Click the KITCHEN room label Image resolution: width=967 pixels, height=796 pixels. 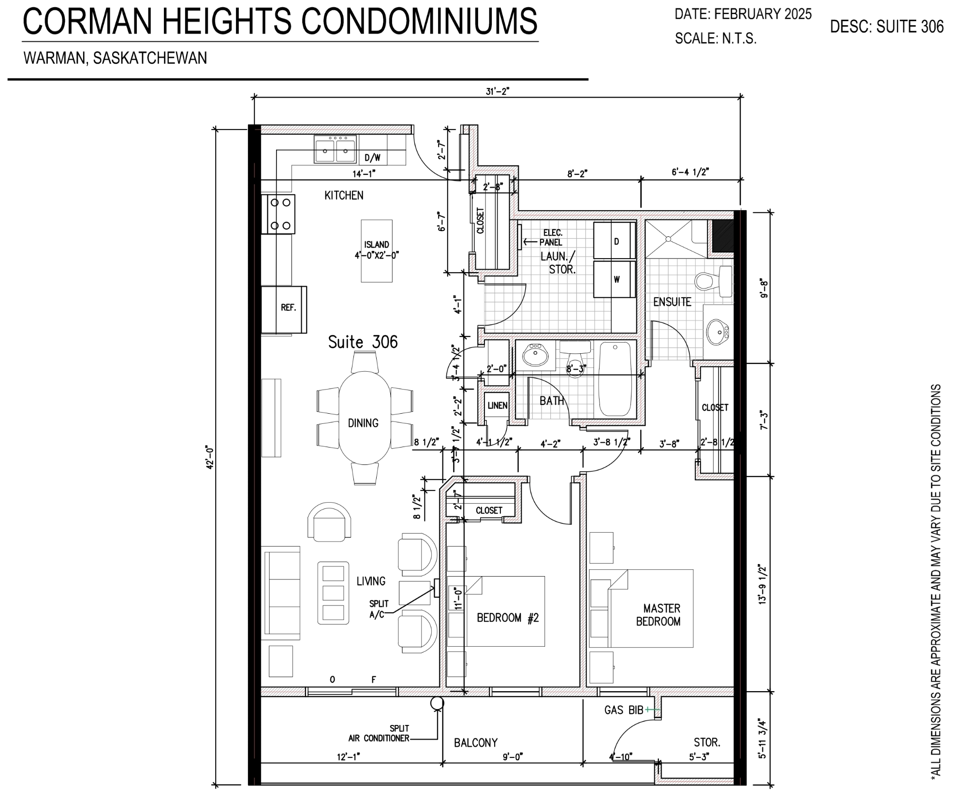coord(344,195)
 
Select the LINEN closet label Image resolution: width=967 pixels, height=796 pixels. coord(498,405)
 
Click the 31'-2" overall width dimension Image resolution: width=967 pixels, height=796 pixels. coord(498,92)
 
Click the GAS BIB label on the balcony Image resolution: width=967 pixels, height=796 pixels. coord(624,710)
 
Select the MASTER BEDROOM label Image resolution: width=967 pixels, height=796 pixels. coord(658,615)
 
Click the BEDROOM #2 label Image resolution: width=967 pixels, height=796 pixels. coord(508,618)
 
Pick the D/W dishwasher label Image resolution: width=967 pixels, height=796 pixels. coord(372,158)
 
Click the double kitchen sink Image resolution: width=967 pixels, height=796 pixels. coord(336,149)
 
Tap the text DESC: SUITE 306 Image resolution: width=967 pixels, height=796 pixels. coord(887,27)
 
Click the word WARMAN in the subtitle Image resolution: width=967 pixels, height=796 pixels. coord(54,58)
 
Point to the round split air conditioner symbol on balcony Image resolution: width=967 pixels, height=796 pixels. coord(437,703)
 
